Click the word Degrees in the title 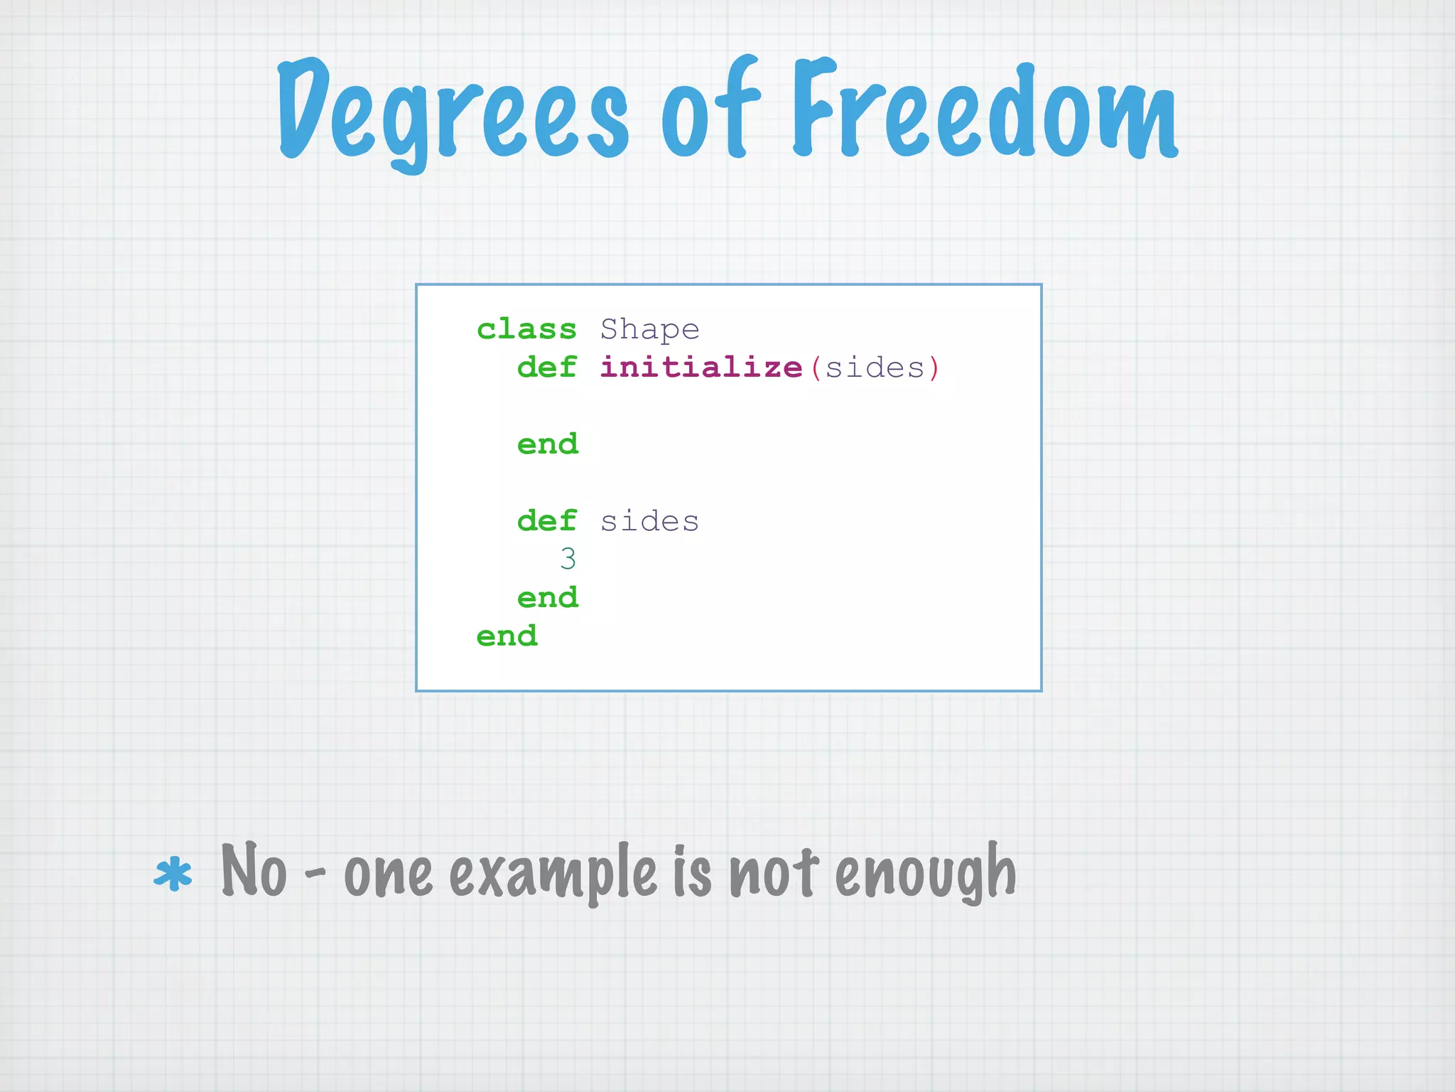452,114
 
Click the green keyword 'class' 526,329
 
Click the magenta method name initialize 701,368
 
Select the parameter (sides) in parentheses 875,368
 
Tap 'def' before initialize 546,368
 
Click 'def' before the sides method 546,521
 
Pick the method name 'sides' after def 649,522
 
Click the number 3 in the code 568,560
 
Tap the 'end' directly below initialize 548,444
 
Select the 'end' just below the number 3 548,598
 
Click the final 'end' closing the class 507,636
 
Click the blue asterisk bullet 173,875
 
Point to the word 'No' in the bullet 254,870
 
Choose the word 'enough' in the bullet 925,873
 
